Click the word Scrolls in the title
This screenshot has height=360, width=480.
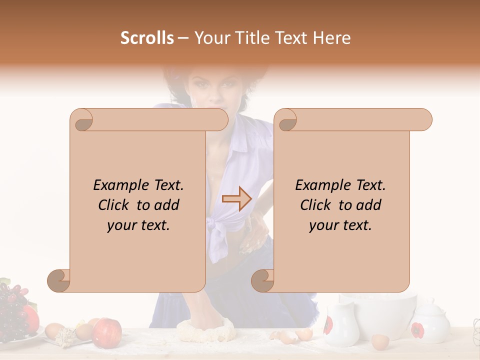coord(147,38)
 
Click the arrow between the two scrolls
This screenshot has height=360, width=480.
coord(236,199)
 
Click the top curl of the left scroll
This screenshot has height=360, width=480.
coord(81,120)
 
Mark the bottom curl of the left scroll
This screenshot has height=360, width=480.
coord(59,281)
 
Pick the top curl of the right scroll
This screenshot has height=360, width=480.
coord(286,120)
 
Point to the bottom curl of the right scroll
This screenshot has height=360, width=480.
coord(263,281)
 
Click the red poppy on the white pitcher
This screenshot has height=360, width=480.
coord(328,325)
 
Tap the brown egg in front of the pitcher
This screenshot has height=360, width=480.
coord(380,341)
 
